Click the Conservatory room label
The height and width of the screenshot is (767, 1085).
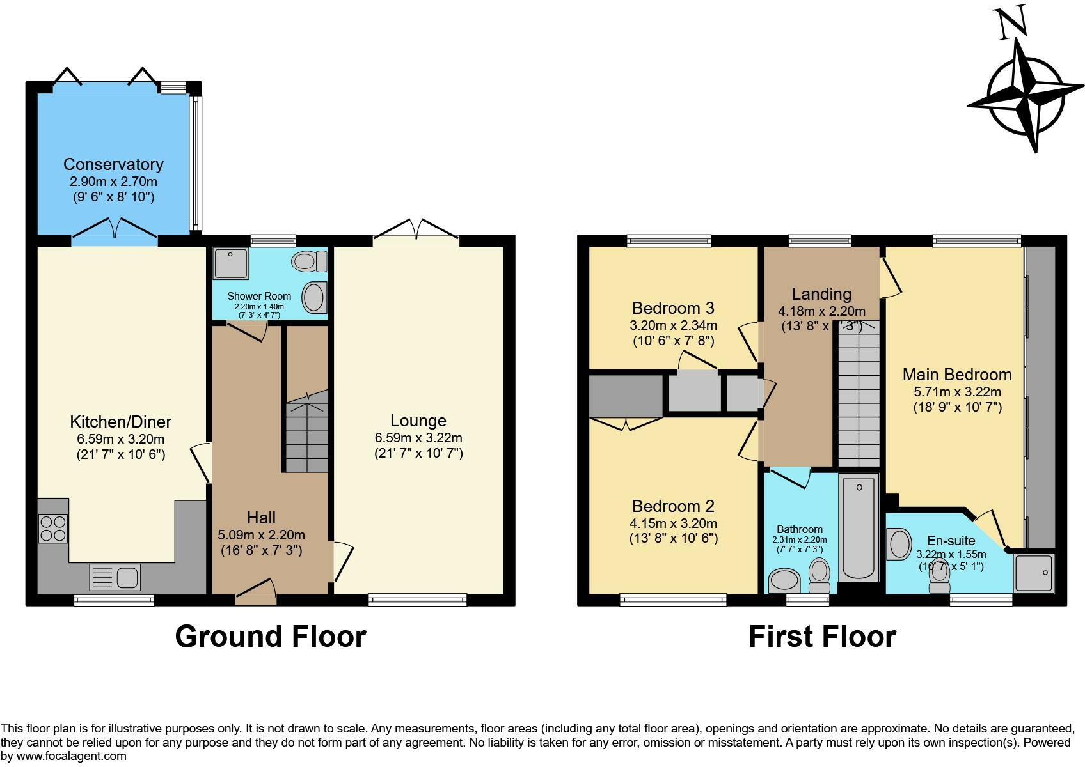coord(113,164)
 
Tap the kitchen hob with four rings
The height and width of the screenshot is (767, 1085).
coord(53,529)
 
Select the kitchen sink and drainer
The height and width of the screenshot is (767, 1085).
coord(115,578)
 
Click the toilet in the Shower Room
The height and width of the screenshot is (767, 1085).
coord(309,262)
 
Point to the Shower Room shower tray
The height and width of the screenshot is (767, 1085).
coord(231,264)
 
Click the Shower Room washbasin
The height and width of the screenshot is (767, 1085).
coord(314,297)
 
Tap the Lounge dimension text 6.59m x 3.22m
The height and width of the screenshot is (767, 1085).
coord(418,438)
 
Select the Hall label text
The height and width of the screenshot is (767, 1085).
coord(261,518)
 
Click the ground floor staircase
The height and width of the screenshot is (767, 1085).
coord(306,432)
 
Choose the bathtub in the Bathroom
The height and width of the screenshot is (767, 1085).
coord(859,527)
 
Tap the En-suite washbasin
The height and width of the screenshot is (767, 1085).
coord(899,544)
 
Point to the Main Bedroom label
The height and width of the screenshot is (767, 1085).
coord(957,375)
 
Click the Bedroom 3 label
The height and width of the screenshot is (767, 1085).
coord(673,308)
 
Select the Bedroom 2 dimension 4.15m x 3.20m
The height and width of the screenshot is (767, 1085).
coord(673,523)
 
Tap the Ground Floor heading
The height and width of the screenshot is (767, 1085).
coord(270,637)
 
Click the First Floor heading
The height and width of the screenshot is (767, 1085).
coord(823,637)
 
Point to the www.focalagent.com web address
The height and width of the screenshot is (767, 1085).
coord(71,756)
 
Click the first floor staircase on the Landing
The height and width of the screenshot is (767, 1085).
coord(859,394)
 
